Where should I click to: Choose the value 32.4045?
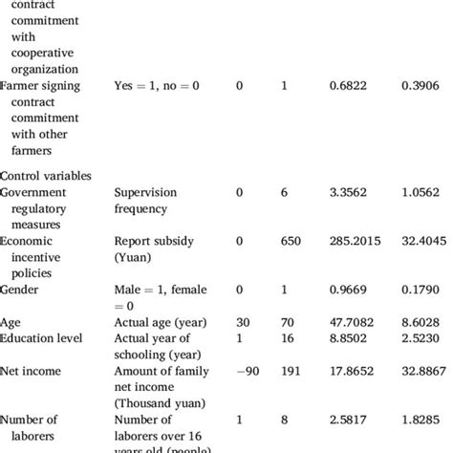click(x=421, y=243)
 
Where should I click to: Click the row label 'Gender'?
click(x=20, y=289)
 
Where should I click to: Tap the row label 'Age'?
click(x=11, y=323)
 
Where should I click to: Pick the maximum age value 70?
click(x=288, y=323)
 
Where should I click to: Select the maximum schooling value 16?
click(x=288, y=338)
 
